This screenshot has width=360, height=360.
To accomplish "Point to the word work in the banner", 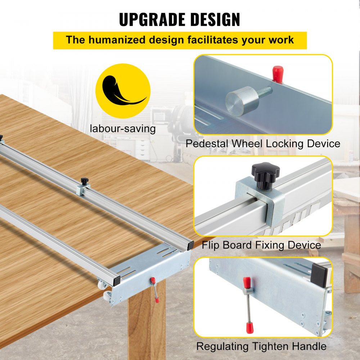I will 279,40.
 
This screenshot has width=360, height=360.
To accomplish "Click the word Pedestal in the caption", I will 207,144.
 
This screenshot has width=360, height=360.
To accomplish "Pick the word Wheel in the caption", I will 247,144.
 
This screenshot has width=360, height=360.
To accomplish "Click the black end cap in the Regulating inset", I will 320,275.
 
